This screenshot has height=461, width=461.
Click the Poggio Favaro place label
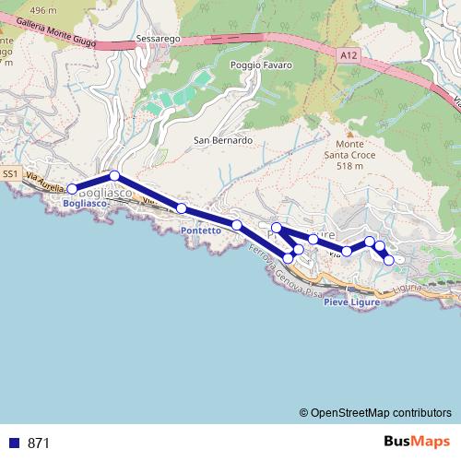[x=261, y=65]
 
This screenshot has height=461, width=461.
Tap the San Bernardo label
[x=222, y=140]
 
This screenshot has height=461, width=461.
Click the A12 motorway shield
[x=346, y=54]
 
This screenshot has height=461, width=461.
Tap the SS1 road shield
[x=10, y=173]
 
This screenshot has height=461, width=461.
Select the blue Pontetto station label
[x=201, y=230]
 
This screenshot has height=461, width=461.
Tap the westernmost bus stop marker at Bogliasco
[x=73, y=189]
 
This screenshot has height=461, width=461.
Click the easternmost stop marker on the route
[x=389, y=260]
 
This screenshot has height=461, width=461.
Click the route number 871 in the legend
[x=39, y=443]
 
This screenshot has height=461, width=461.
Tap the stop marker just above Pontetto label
[x=182, y=208]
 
